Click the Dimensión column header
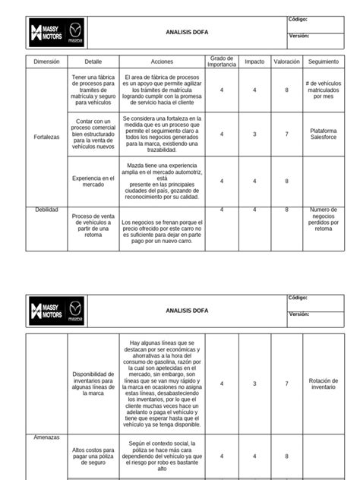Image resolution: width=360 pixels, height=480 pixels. click(x=46, y=61)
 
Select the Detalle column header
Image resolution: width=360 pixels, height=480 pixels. click(x=93, y=61)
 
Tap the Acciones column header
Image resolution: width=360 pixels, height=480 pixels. click(x=162, y=61)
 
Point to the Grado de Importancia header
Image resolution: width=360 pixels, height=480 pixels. click(x=222, y=61)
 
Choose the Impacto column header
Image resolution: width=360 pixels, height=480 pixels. click(x=254, y=61)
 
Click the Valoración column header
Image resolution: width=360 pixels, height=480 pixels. click(x=286, y=61)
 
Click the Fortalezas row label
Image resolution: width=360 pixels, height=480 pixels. click(x=46, y=137)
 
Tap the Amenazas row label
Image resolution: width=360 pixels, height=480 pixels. click(x=46, y=437)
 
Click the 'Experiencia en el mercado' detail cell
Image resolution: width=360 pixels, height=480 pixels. click(x=93, y=181)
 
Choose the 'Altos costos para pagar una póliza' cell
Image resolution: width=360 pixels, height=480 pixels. click(x=93, y=456)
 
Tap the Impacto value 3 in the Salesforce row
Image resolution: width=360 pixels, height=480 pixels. click(x=254, y=134)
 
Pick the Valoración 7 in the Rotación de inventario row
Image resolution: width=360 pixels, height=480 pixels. click(x=286, y=384)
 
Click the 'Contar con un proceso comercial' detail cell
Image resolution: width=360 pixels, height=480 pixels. click(x=93, y=134)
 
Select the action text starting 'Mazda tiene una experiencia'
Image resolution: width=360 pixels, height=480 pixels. click(x=162, y=181)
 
